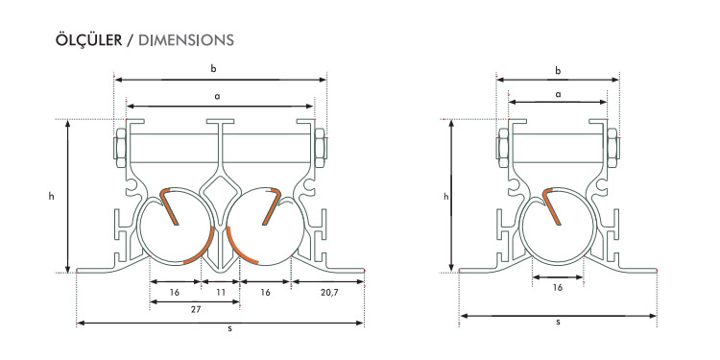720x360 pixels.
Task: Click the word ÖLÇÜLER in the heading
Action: tap(88, 40)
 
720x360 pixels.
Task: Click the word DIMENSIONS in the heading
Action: tap(186, 40)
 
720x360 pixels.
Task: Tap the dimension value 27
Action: tap(196, 310)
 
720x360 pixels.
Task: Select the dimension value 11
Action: tap(221, 292)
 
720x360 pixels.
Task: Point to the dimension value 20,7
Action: tap(328, 293)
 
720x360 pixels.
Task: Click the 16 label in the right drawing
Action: tap(558, 288)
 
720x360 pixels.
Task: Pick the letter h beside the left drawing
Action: tap(52, 196)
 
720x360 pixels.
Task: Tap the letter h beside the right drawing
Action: tap(445, 196)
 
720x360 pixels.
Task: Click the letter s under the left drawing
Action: tap(229, 328)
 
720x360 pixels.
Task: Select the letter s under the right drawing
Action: tap(558, 322)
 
